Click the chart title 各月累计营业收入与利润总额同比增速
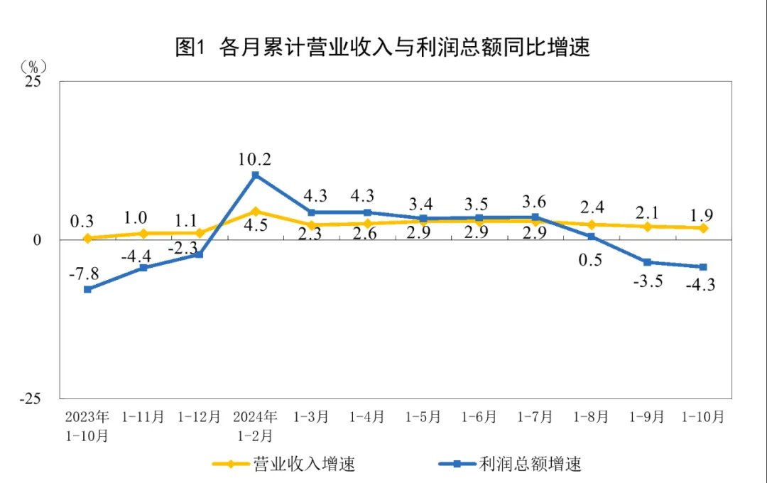click(383, 48)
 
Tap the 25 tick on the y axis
click(33, 82)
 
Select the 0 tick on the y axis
click(37, 240)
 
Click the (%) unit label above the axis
click(33, 67)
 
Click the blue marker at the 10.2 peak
click(256, 175)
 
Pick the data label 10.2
click(256, 158)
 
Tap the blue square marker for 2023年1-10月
click(87, 289)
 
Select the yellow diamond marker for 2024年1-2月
click(256, 211)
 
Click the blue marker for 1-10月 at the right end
click(703, 267)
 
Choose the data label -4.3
click(700, 286)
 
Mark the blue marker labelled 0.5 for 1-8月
click(591, 237)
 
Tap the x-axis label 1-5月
click(423, 417)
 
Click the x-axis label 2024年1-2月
click(256, 425)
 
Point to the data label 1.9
click(702, 215)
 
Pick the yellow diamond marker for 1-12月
click(200, 233)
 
